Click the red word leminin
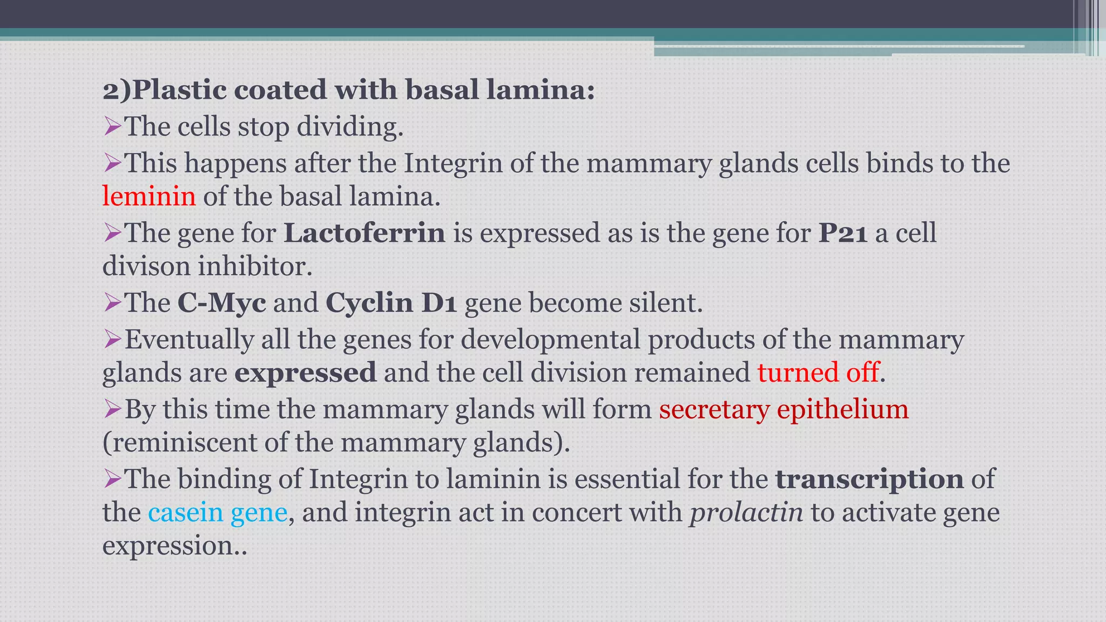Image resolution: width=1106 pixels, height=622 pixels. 149,196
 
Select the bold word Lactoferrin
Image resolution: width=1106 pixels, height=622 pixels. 365,233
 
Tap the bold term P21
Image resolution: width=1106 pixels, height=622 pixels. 843,233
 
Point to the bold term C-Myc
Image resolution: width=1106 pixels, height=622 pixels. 221,302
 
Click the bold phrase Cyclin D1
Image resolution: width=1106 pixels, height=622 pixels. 392,302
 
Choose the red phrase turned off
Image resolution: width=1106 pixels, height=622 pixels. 818,373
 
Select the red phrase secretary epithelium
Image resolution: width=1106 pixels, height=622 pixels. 784,409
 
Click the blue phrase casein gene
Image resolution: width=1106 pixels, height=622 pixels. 218,512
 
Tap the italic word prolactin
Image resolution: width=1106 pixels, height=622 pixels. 746,512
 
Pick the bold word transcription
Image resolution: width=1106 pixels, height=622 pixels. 869,479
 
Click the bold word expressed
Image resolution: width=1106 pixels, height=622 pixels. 305,373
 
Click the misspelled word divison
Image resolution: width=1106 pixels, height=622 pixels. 146,267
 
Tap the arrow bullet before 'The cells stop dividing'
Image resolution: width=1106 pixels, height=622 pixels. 112,127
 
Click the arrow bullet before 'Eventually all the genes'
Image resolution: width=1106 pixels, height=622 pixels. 112,340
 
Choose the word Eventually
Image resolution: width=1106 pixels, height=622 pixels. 189,340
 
